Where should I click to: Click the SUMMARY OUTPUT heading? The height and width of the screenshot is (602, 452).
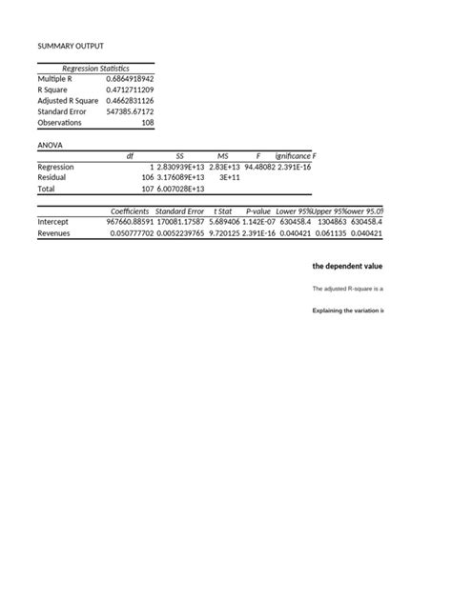coord(71,46)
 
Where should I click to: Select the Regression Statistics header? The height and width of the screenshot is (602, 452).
coord(95,69)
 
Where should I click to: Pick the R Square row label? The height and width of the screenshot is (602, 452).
coord(54,90)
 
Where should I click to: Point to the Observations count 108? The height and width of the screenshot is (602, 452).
coord(147,123)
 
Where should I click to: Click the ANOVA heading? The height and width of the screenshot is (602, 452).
coord(50,145)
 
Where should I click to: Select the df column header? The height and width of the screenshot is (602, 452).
coord(130,155)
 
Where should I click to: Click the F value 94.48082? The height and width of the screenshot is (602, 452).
coord(259,167)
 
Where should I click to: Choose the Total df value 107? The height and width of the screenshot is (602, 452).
coord(147,189)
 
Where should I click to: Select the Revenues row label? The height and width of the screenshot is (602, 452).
coord(55,232)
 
